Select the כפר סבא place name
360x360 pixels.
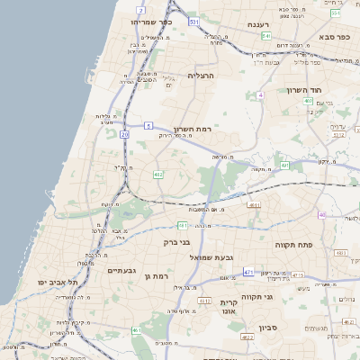(333, 37)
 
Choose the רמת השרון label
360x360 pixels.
(191, 129)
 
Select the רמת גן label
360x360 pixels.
(156, 275)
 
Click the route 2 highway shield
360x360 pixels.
(140, 9)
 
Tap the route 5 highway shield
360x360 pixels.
(147, 127)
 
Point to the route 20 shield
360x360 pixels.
(124, 134)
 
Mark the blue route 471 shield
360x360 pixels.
(247, 271)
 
